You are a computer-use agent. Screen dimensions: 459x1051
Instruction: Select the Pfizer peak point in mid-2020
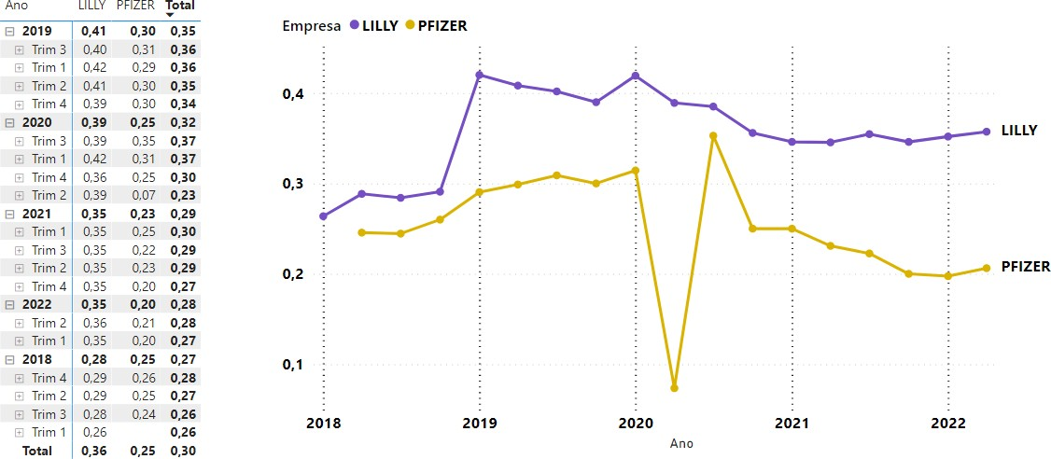(x=713, y=136)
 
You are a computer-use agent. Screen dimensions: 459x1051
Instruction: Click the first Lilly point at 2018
(x=323, y=216)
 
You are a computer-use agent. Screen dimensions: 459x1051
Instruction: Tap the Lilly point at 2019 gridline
(x=479, y=75)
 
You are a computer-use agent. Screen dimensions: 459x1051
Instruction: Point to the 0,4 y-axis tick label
(x=294, y=94)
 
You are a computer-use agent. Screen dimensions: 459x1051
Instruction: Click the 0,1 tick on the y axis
(x=294, y=365)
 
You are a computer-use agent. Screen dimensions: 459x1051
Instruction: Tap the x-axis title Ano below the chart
(x=681, y=444)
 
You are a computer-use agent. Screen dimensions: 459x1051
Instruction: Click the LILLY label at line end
(x=1018, y=132)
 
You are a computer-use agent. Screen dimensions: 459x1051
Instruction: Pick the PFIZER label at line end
(x=1025, y=267)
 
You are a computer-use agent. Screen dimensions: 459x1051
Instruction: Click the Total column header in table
(x=180, y=6)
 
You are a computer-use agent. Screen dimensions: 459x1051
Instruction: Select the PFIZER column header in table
(x=136, y=6)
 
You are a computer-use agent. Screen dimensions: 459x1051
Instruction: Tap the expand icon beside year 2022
(x=9, y=304)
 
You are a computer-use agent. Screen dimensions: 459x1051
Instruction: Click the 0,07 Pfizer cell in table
(x=144, y=195)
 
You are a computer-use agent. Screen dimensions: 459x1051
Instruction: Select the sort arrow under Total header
(x=170, y=15)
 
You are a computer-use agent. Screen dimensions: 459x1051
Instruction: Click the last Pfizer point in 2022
(x=987, y=269)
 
